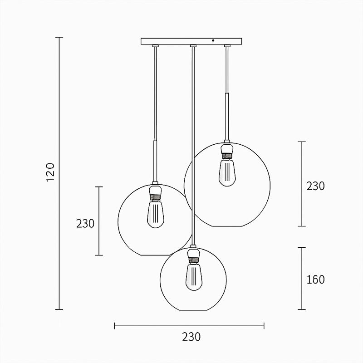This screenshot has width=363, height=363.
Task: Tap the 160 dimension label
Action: click(x=315, y=280)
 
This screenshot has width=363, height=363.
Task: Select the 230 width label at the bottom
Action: click(x=191, y=337)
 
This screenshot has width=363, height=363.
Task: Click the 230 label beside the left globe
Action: click(x=85, y=223)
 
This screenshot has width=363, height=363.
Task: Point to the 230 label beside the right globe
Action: click(x=315, y=186)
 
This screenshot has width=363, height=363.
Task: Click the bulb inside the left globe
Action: click(x=156, y=214)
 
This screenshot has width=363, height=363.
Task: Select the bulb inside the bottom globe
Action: click(x=194, y=277)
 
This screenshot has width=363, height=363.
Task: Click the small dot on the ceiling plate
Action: click(x=213, y=41)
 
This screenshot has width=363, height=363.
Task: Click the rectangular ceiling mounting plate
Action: click(x=181, y=41)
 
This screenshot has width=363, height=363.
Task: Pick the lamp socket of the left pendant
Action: click(x=156, y=192)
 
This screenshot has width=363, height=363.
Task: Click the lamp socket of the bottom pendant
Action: click(x=194, y=255)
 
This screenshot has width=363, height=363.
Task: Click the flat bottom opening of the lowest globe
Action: click(x=194, y=310)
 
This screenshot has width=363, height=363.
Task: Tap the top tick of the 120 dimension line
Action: click(x=59, y=37)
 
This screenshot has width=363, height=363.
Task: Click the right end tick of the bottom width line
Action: click(x=264, y=325)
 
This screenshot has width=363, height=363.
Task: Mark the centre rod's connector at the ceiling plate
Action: click(x=193, y=46)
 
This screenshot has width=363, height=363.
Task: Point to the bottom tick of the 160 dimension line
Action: click(x=301, y=309)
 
